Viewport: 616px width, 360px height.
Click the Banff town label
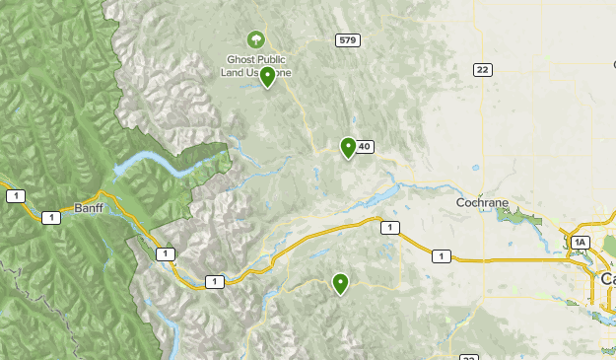point(87,207)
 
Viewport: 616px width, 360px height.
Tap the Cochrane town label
point(482,202)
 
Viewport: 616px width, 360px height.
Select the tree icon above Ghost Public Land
point(256,39)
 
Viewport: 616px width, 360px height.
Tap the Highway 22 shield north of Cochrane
point(482,69)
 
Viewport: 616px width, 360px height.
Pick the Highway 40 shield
point(364,147)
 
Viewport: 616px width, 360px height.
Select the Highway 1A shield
point(581,243)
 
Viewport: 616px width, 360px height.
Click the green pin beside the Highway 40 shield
point(348,147)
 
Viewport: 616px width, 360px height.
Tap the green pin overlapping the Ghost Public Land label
point(267,76)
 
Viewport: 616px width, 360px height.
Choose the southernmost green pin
point(340,283)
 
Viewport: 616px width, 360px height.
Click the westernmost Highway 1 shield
point(15,196)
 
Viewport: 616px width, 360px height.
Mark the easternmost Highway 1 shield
point(441,256)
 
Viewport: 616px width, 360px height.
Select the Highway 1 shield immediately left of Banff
point(50,217)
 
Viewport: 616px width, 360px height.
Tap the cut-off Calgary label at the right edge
point(607,280)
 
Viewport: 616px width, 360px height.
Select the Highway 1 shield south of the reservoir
point(392,228)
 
